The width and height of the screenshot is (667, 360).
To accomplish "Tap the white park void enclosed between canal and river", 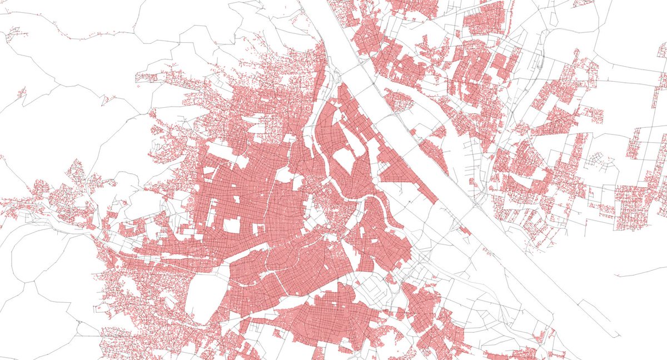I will click(x=343, y=160).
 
